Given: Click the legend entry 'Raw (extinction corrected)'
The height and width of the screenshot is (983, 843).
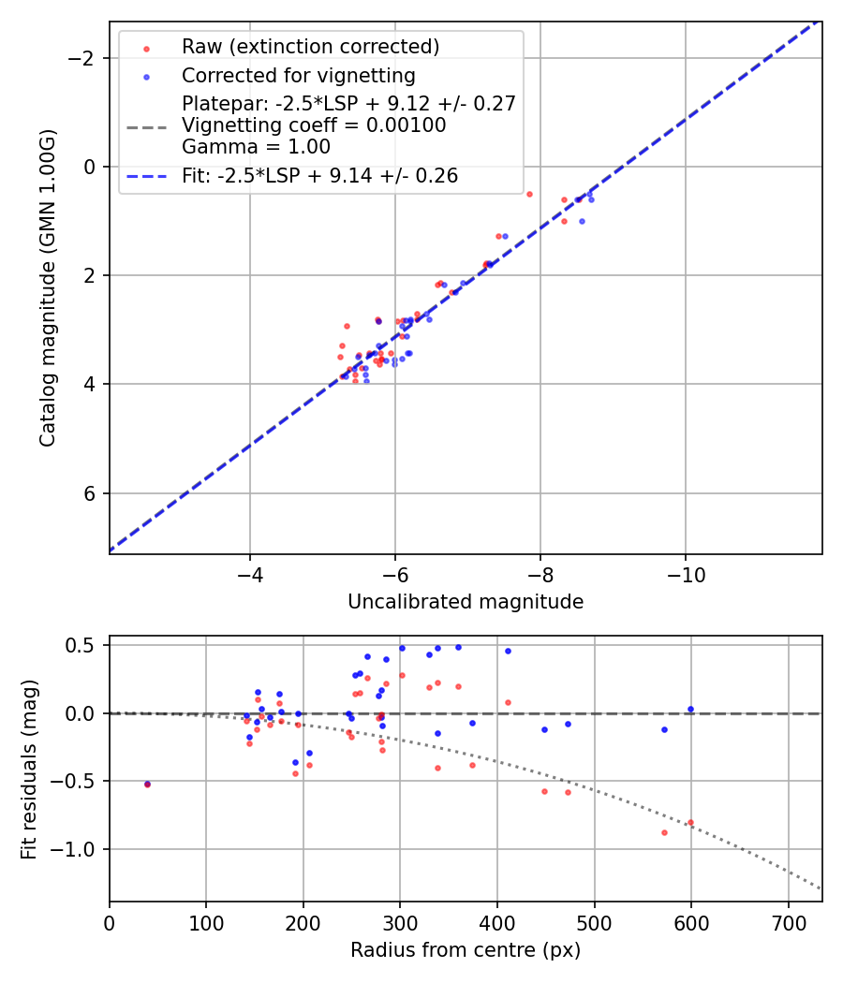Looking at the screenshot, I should pos(310,47).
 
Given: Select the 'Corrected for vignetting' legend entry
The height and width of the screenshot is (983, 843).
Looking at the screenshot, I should pos(299,75).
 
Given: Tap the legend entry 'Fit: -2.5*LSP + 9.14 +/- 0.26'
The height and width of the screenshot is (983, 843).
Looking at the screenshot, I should pos(319,175).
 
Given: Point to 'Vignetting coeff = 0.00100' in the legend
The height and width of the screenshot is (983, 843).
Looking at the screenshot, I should pos(314,125).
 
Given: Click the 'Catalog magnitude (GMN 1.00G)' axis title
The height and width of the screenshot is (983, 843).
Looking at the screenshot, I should pos(48,288).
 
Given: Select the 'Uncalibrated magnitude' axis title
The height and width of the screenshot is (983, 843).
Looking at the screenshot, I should pos(466,602).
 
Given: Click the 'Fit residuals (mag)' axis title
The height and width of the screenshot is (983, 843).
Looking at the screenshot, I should pos(29,768).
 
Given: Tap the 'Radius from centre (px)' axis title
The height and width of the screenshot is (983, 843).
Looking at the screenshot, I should pos(466,950).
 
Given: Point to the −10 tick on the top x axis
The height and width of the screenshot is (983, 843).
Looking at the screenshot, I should pos(686,570).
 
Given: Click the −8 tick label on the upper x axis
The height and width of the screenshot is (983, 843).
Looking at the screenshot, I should pos(540,570).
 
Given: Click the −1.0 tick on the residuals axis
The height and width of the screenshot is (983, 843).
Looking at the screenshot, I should pos(82,849).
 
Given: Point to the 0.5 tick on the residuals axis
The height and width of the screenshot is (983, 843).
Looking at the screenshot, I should pos(87,645).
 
